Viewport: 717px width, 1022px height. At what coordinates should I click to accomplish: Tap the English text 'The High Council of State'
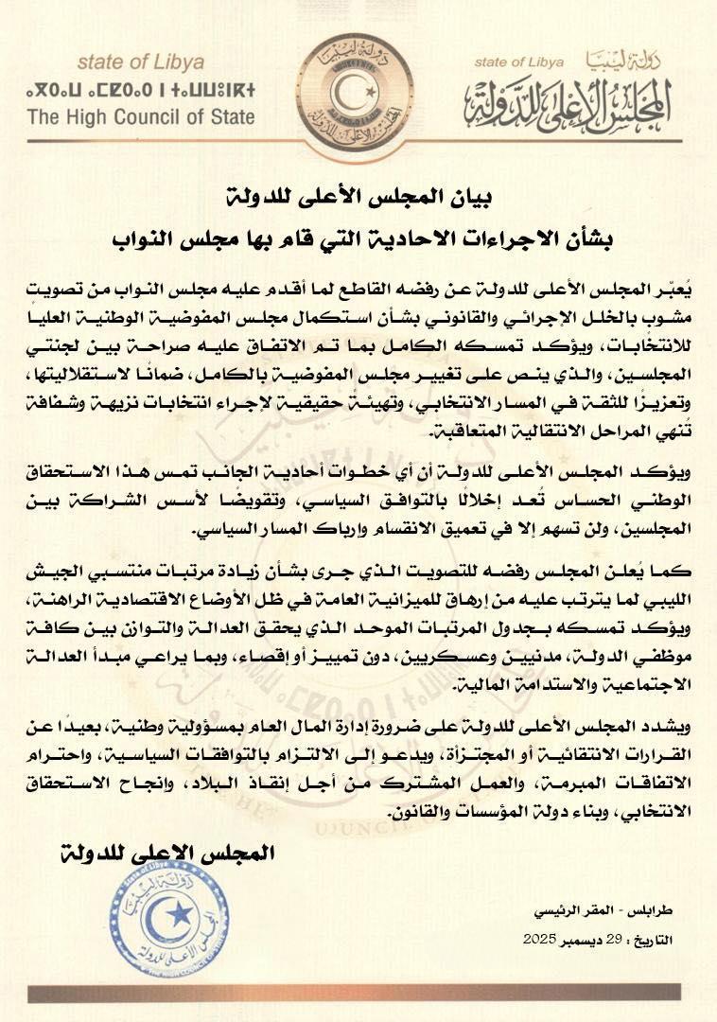(141, 118)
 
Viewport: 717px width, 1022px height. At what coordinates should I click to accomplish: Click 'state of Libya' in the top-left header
(140, 63)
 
